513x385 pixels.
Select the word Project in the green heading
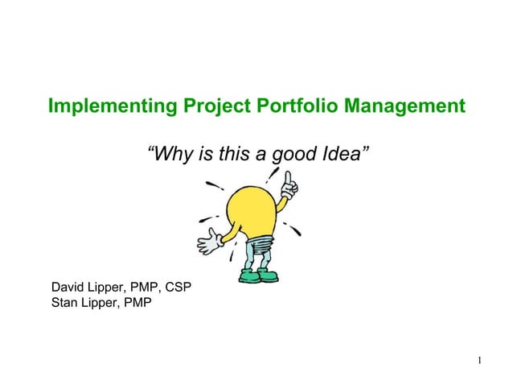click(x=193, y=106)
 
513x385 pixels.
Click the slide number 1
click(x=478, y=359)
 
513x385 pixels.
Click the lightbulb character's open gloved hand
click(x=210, y=239)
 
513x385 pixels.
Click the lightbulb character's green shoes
click(x=258, y=276)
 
